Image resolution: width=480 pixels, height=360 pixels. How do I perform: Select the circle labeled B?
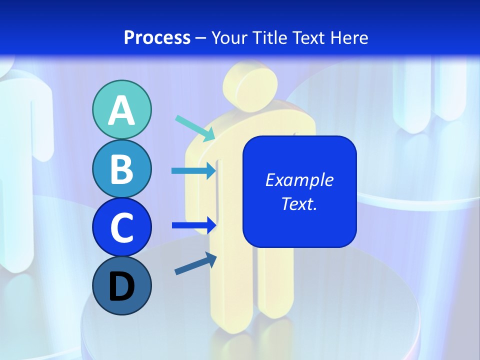tap(121, 169)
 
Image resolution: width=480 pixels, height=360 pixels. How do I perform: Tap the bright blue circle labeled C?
tap(121, 227)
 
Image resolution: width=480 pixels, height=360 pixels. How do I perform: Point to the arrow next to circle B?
tap(193, 171)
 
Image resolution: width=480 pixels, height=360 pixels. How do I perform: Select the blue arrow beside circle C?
tap(193, 225)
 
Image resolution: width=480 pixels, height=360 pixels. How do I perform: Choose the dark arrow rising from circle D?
tap(195, 263)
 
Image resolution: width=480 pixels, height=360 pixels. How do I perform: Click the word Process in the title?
tap(157, 38)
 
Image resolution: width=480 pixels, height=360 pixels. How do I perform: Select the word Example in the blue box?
tap(299, 180)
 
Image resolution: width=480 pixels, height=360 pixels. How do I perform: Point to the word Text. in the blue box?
tap(299, 203)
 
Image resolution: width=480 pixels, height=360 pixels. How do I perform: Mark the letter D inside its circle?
tap(121, 287)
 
